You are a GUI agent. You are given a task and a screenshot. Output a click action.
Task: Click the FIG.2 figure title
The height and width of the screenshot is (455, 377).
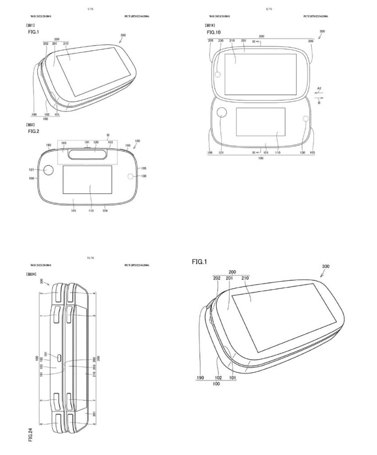pyautogui.click(x=34, y=132)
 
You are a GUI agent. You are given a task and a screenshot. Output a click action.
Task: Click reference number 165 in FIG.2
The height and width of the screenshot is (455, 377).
pyautogui.click(x=64, y=143)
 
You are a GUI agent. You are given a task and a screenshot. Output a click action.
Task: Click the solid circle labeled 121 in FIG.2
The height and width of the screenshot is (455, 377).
pyautogui.click(x=48, y=170)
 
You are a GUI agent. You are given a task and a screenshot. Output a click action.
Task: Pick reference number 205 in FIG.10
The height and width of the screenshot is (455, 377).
pyautogui.click(x=210, y=41)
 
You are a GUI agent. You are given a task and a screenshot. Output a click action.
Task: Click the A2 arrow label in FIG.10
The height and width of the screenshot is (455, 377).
pyautogui.click(x=320, y=88)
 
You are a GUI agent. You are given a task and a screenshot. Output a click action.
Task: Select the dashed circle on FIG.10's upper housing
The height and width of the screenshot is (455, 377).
pyautogui.click(x=218, y=74)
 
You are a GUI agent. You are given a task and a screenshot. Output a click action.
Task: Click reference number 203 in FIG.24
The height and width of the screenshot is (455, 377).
pyautogui.click(x=94, y=367)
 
